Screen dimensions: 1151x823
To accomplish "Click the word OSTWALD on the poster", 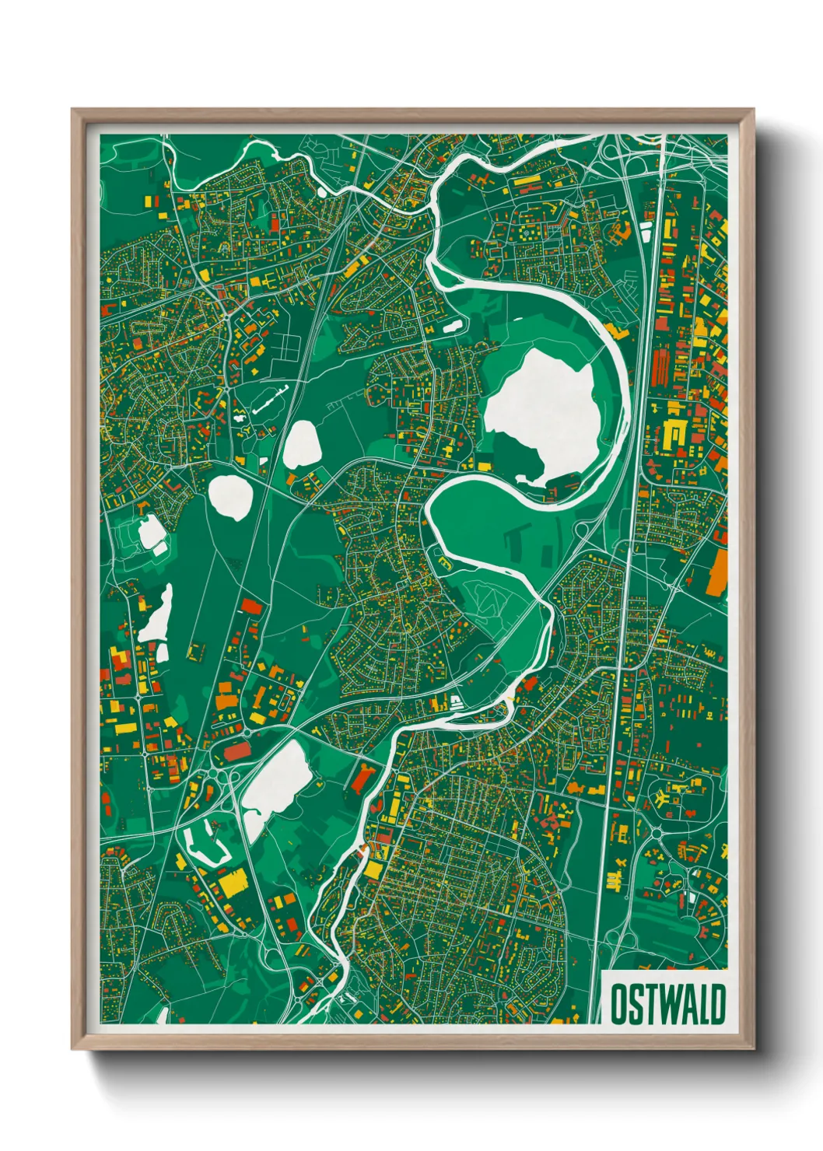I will [667, 1004].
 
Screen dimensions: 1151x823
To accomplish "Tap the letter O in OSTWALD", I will [618, 1004].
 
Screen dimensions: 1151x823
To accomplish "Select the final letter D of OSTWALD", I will [718, 1004].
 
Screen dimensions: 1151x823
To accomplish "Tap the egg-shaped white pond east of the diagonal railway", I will [301, 446].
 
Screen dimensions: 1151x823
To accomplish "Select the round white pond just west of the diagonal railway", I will [230, 495].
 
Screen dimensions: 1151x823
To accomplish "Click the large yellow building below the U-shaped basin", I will [232, 883].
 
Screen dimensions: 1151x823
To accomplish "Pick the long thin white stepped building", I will [269, 397].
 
